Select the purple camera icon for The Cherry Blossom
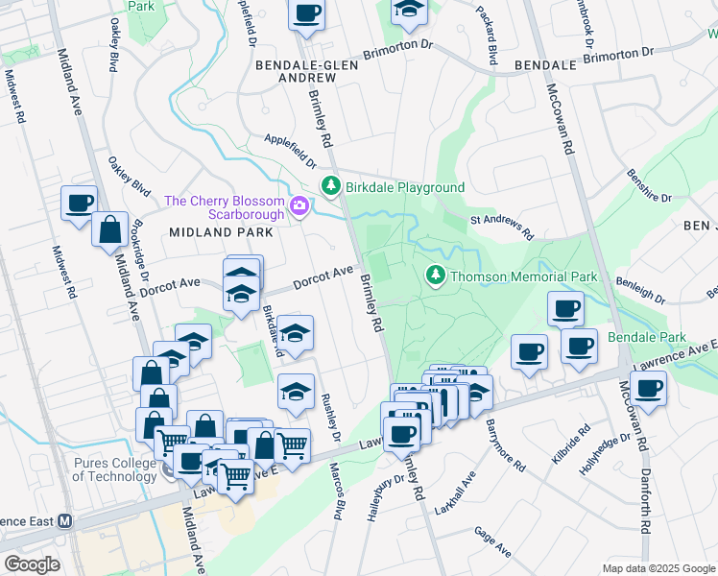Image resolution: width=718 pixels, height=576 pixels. (x=299, y=205)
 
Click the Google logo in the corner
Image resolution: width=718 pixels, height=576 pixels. (x=32, y=564)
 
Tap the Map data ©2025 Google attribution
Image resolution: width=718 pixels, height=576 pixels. (x=658, y=568)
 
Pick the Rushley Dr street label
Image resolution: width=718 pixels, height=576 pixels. (x=332, y=419)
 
